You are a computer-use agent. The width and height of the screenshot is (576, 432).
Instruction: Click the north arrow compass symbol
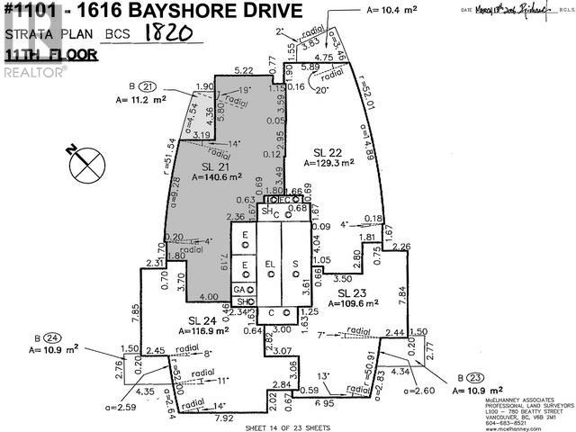pos(84,164)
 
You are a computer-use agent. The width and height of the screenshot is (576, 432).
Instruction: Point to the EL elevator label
pos(269,265)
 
